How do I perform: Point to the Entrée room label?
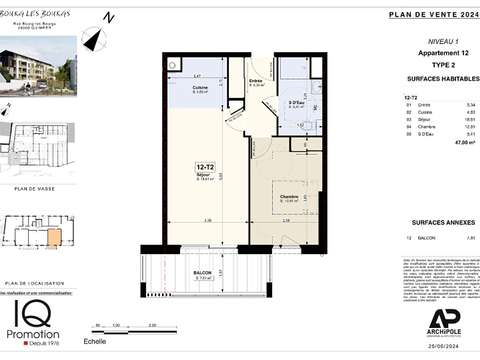255,81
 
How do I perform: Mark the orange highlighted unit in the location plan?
52,238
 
